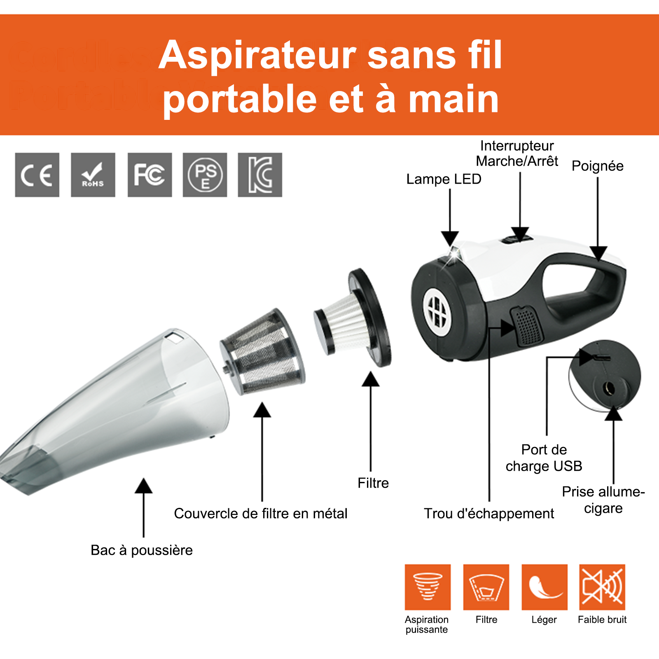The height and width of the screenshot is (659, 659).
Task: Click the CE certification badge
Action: [37, 175]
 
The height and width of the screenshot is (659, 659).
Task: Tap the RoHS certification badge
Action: [93, 175]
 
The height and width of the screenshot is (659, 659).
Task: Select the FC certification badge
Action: [150, 175]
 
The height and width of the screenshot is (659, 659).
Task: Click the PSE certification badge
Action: [205, 175]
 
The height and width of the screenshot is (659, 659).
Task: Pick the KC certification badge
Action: [260, 175]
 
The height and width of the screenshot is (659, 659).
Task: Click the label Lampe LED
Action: [444, 179]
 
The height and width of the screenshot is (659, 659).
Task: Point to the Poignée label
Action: [597, 166]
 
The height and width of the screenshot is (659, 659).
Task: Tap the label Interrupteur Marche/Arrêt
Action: [517, 153]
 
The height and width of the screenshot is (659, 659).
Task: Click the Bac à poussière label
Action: [142, 550]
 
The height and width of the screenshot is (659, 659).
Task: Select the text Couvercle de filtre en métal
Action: [261, 514]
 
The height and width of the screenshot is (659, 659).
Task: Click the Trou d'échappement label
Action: [489, 514]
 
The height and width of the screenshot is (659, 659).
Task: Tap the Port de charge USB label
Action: [544, 458]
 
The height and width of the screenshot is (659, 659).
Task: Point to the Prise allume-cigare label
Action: [603, 500]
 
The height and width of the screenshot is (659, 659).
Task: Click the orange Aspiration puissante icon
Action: [428, 587]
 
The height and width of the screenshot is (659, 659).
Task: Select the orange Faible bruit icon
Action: [602, 587]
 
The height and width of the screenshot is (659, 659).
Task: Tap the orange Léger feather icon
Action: [544, 587]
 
